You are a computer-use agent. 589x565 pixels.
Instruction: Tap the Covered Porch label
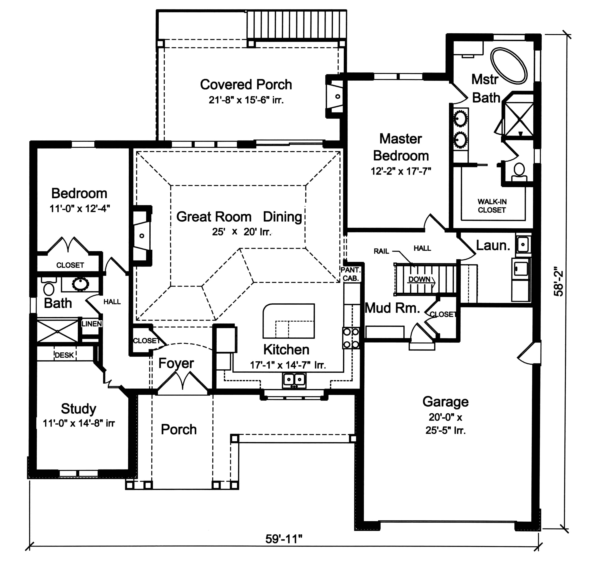(246, 85)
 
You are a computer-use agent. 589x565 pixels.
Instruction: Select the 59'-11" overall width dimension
(283, 539)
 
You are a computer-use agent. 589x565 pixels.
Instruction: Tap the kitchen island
(288, 321)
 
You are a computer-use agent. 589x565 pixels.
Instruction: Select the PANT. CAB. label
(350, 274)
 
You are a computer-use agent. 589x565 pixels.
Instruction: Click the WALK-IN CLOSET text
(492, 206)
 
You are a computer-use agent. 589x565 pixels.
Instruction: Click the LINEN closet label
(92, 324)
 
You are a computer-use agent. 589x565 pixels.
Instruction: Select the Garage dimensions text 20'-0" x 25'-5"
(445, 424)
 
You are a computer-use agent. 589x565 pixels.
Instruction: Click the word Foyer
(176, 363)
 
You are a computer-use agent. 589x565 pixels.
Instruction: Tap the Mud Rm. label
(392, 308)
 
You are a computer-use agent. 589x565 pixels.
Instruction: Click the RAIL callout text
(381, 251)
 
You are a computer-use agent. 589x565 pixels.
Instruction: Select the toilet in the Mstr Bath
(519, 171)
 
